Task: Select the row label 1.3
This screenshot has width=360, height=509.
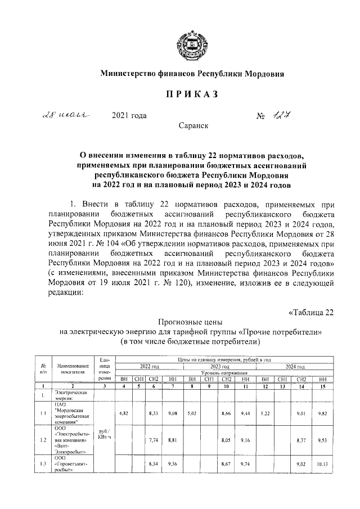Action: click(43, 464)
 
